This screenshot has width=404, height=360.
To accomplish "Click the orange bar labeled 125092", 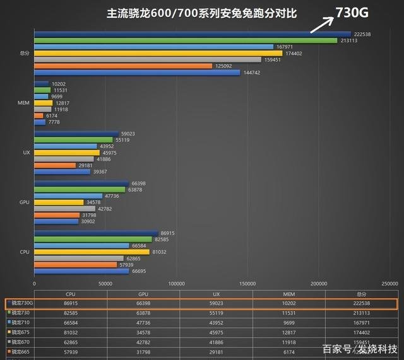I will coord(123,66).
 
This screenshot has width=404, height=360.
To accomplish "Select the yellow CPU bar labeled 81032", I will coord(92,252).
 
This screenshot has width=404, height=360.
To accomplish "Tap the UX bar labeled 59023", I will coord(76,134).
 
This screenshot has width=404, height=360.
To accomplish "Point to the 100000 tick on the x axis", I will coord(177,283).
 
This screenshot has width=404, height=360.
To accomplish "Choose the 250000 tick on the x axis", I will coord(389,283).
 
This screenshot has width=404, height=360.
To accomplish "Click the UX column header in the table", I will coord(216,294).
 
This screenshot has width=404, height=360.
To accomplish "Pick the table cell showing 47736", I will coord(143,323).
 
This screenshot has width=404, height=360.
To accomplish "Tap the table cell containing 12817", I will coord(288,334).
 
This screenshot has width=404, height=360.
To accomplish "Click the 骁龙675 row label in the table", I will coord(21,334).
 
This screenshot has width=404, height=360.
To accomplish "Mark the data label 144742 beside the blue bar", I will coord(252,73).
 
